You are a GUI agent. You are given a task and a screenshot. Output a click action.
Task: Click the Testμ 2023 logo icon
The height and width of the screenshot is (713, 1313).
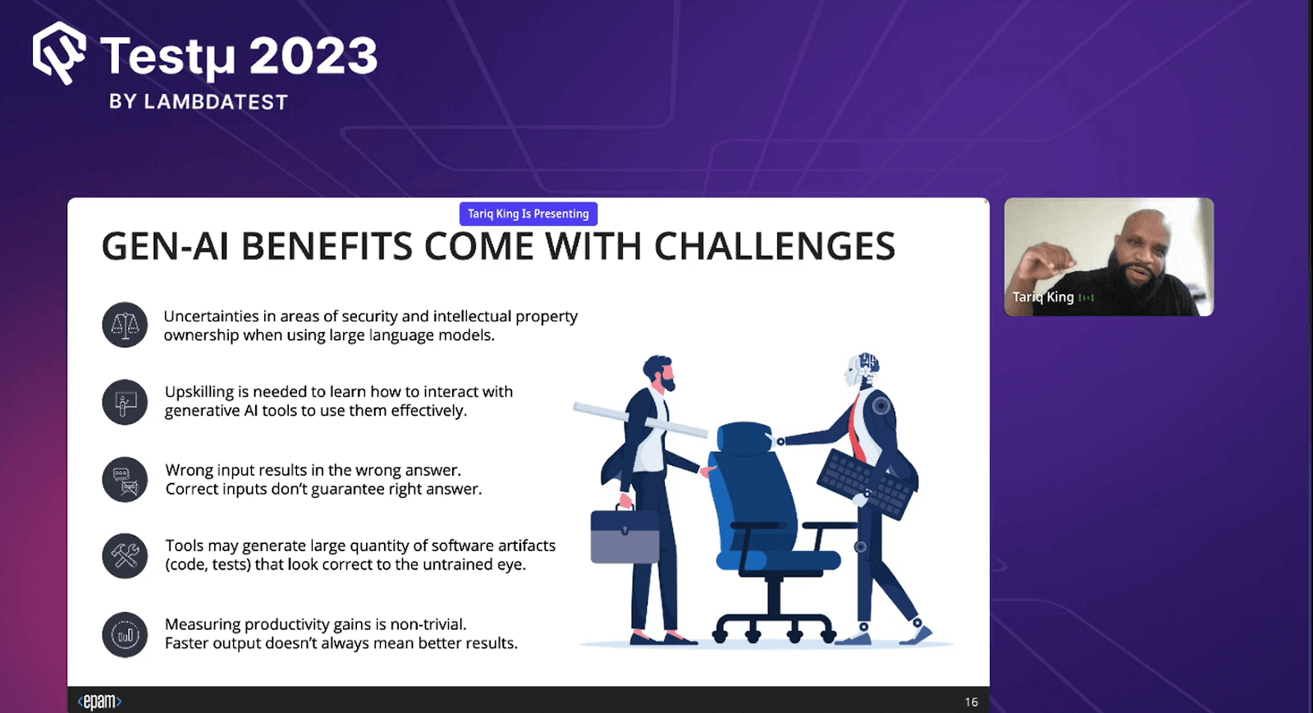click(x=59, y=53)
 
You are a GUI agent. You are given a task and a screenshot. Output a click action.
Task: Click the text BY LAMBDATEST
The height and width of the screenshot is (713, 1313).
click(x=199, y=102)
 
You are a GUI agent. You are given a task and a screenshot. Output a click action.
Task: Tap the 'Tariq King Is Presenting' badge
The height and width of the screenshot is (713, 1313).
click(x=528, y=214)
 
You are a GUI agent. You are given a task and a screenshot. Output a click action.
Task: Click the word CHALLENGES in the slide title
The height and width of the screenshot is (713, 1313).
click(x=774, y=247)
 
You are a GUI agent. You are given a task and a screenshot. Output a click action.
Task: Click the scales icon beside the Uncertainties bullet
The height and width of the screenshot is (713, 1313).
click(x=125, y=325)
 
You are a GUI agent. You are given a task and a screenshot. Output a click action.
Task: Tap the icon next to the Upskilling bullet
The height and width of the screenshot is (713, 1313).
click(x=125, y=402)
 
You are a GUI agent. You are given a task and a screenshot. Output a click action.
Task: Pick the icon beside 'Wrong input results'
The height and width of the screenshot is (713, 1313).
click(x=125, y=480)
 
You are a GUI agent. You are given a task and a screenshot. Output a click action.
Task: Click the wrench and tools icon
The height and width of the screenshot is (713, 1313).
click(x=125, y=556)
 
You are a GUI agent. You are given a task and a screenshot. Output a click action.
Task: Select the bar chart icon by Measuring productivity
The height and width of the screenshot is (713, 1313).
click(x=125, y=635)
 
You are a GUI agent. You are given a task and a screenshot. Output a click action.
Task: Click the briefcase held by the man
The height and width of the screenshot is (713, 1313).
click(x=624, y=536)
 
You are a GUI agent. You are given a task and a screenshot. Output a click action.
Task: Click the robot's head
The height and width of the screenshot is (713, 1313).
click(x=862, y=370)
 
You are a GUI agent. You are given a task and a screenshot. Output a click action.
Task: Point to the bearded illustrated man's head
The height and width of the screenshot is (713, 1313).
click(x=658, y=374)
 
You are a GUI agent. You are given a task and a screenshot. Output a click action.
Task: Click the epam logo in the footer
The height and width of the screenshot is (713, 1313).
click(x=99, y=701)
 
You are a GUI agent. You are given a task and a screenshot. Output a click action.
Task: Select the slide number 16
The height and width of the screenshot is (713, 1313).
click(x=972, y=701)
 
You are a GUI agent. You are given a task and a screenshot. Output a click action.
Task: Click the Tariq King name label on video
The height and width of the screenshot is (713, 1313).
click(x=1043, y=297)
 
